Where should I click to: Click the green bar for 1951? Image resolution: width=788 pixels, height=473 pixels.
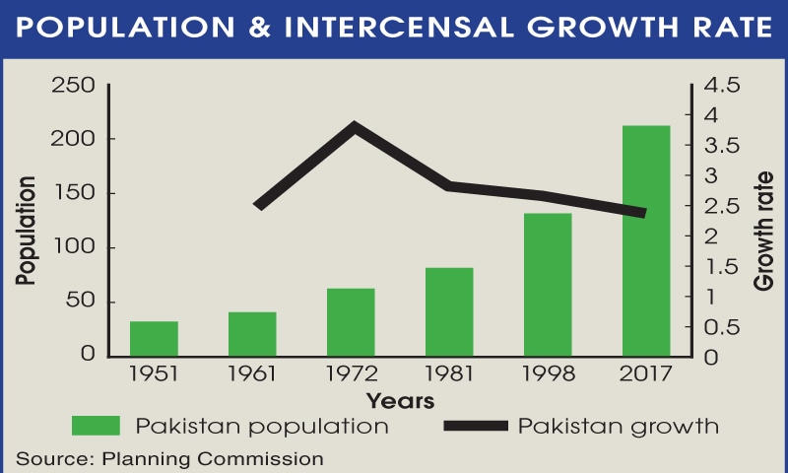(154, 338)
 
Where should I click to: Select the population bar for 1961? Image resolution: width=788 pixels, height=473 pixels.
(252, 333)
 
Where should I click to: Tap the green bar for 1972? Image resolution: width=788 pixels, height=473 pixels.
(351, 321)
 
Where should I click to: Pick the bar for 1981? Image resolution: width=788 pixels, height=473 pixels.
(449, 311)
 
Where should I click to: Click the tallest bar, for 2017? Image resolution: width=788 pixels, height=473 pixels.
(646, 240)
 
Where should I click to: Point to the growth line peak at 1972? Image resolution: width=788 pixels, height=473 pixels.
(353, 125)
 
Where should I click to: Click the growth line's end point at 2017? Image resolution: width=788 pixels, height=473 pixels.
(643, 213)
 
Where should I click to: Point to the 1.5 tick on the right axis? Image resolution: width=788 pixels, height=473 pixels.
(713, 266)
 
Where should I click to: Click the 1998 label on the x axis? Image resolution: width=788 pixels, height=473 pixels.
(548, 375)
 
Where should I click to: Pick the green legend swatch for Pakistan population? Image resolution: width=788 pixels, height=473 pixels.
(96, 426)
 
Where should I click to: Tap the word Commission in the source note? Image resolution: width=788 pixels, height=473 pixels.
(268, 458)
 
